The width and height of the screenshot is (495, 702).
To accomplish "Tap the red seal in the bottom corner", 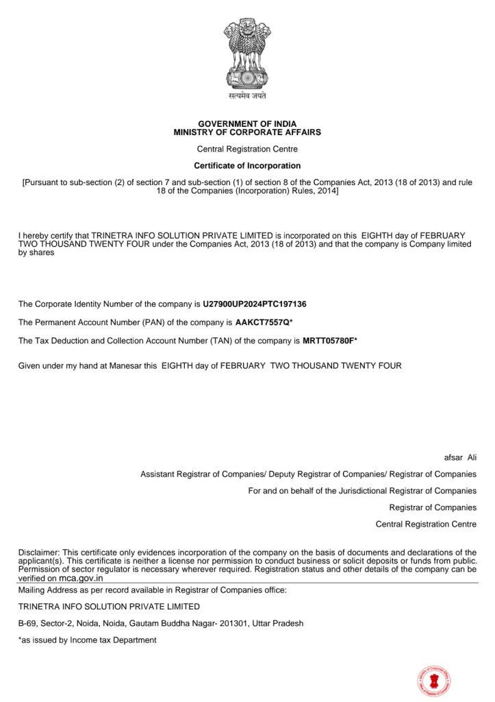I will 434,681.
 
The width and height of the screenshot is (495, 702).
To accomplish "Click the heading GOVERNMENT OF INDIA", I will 247,124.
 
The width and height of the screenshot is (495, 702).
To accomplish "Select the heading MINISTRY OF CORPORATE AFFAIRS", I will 247,132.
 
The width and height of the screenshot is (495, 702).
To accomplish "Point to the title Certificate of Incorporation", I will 247,166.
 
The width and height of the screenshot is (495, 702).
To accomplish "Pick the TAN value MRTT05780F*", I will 330,341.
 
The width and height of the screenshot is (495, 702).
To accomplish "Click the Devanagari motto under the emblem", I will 247,97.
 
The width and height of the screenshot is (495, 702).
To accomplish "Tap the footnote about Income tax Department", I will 88,640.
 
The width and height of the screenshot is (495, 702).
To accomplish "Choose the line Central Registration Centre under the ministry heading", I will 247,149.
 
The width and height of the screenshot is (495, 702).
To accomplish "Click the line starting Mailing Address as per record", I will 152,590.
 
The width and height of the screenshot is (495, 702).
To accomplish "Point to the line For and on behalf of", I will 362,491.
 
